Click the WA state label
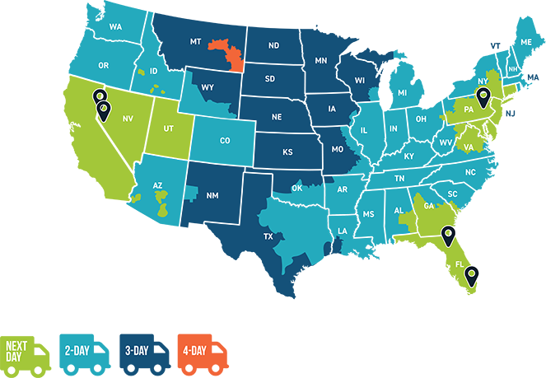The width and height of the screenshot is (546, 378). click(115, 27)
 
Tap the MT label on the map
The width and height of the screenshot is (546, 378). click(196, 41)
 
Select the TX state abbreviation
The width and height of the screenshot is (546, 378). click(268, 236)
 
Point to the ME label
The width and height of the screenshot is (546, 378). click(525, 42)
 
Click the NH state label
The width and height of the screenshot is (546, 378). click(513, 69)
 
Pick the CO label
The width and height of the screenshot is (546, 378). click(225, 141)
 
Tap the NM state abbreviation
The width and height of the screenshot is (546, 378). click(212, 195)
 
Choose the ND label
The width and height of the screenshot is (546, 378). click(273, 45)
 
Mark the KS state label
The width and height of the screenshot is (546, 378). click(287, 152)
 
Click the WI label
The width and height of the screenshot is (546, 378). click(359, 81)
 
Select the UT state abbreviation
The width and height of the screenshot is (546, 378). click(168, 128)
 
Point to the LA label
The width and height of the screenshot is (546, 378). click(342, 231)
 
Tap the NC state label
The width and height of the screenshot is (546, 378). click(470, 173)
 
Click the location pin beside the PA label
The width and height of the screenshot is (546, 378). click(484, 98)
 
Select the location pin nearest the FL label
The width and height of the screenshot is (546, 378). click(471, 274)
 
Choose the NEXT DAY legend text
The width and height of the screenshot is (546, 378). click(18, 351)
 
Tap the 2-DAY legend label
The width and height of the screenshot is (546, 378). click(77, 351)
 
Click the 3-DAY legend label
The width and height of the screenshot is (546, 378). click(136, 351)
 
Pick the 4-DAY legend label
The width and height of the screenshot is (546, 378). click(194, 351)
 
